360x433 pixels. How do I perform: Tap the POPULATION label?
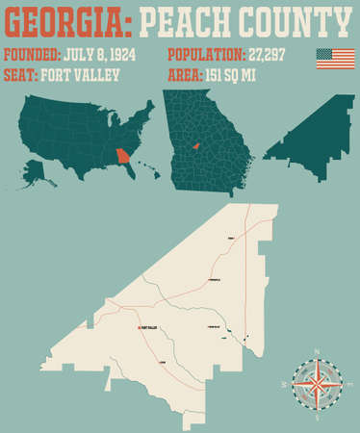[206, 55]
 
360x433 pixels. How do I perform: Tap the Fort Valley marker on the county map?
[137, 328]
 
